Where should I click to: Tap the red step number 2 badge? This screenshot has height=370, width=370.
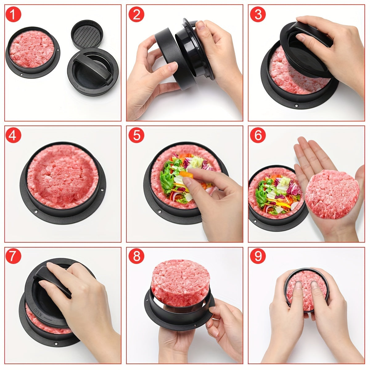click(136, 14)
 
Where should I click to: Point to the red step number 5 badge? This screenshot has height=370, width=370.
click(136, 135)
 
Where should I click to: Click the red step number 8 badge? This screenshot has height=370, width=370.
click(136, 257)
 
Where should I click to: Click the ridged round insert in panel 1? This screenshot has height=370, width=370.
click(86, 34)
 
